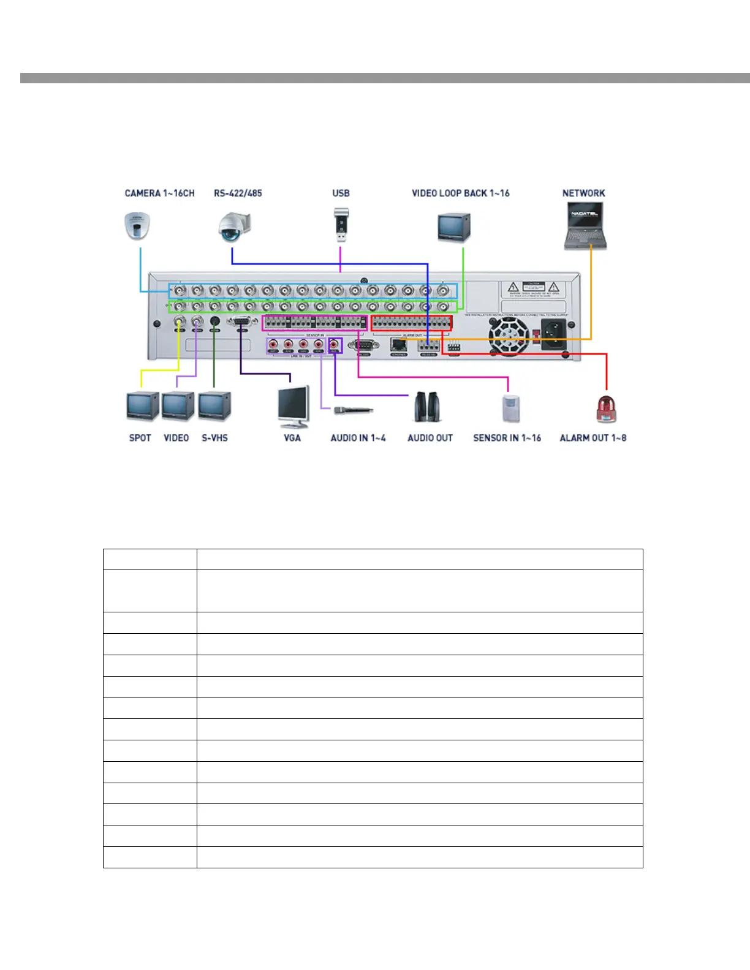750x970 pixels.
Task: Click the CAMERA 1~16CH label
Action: click(159, 194)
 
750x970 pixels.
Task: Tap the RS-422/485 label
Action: click(238, 194)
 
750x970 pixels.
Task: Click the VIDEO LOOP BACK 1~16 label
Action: click(460, 194)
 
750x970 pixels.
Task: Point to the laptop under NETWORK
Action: click(585, 226)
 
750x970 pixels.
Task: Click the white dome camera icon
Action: click(137, 226)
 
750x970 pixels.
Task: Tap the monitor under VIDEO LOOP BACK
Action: click(453, 227)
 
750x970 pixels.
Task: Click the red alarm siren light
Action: click(606, 408)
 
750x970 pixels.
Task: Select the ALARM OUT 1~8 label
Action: click(593, 438)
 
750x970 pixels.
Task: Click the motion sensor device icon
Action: click(510, 408)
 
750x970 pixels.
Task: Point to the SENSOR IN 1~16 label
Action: click(507, 438)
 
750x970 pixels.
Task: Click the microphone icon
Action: click(354, 410)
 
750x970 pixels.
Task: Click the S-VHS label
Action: click(214, 438)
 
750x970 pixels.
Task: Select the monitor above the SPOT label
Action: click(142, 406)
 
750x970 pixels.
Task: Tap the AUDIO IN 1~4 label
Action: click(358, 438)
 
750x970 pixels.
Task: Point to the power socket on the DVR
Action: click(553, 334)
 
